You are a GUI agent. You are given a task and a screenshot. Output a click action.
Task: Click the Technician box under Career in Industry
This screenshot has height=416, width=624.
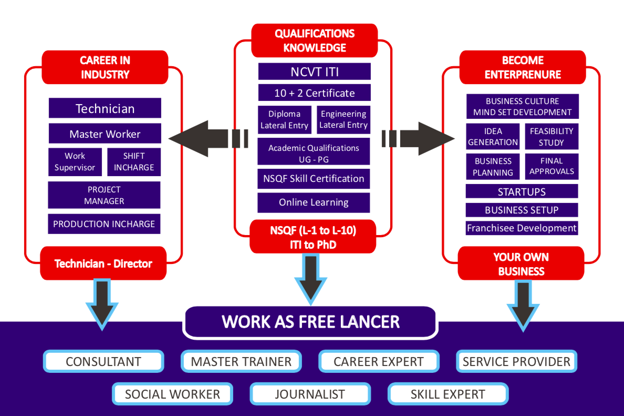click(105, 108)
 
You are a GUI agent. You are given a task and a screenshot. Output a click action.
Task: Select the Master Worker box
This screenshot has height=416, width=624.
click(105, 134)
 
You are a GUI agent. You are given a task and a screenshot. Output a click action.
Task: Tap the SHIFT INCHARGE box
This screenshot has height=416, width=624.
click(134, 162)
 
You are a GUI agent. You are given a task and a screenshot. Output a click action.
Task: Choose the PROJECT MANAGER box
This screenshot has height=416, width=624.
click(104, 195)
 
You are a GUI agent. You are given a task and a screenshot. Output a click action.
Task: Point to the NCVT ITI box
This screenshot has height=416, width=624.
click(314, 72)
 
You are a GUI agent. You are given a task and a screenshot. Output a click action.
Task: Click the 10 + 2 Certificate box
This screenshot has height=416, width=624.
click(314, 93)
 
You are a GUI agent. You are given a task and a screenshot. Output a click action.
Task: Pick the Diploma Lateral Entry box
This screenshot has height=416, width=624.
click(285, 120)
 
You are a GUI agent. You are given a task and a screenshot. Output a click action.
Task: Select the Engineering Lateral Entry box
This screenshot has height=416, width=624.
click(344, 120)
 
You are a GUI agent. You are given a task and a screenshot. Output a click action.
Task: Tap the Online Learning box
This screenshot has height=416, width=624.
click(314, 202)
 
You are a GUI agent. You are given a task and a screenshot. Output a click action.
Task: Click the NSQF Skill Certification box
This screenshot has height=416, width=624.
click(314, 179)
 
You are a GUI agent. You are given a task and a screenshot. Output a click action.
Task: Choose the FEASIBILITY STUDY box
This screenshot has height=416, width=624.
click(552, 137)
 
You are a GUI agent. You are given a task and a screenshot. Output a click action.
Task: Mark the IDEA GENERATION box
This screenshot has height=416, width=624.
click(493, 137)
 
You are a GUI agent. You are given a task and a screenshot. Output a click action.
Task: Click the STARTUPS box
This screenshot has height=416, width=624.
click(522, 191)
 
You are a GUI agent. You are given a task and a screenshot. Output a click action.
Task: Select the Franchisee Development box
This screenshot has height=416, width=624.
click(522, 228)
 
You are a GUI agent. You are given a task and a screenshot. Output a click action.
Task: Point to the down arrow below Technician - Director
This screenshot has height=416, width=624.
click(103, 305)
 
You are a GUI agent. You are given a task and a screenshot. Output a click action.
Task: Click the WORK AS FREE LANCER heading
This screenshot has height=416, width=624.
click(310, 322)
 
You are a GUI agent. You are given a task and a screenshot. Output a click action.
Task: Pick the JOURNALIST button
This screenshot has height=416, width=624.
click(310, 394)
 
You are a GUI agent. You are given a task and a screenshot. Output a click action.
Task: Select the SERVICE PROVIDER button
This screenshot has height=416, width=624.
click(516, 362)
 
